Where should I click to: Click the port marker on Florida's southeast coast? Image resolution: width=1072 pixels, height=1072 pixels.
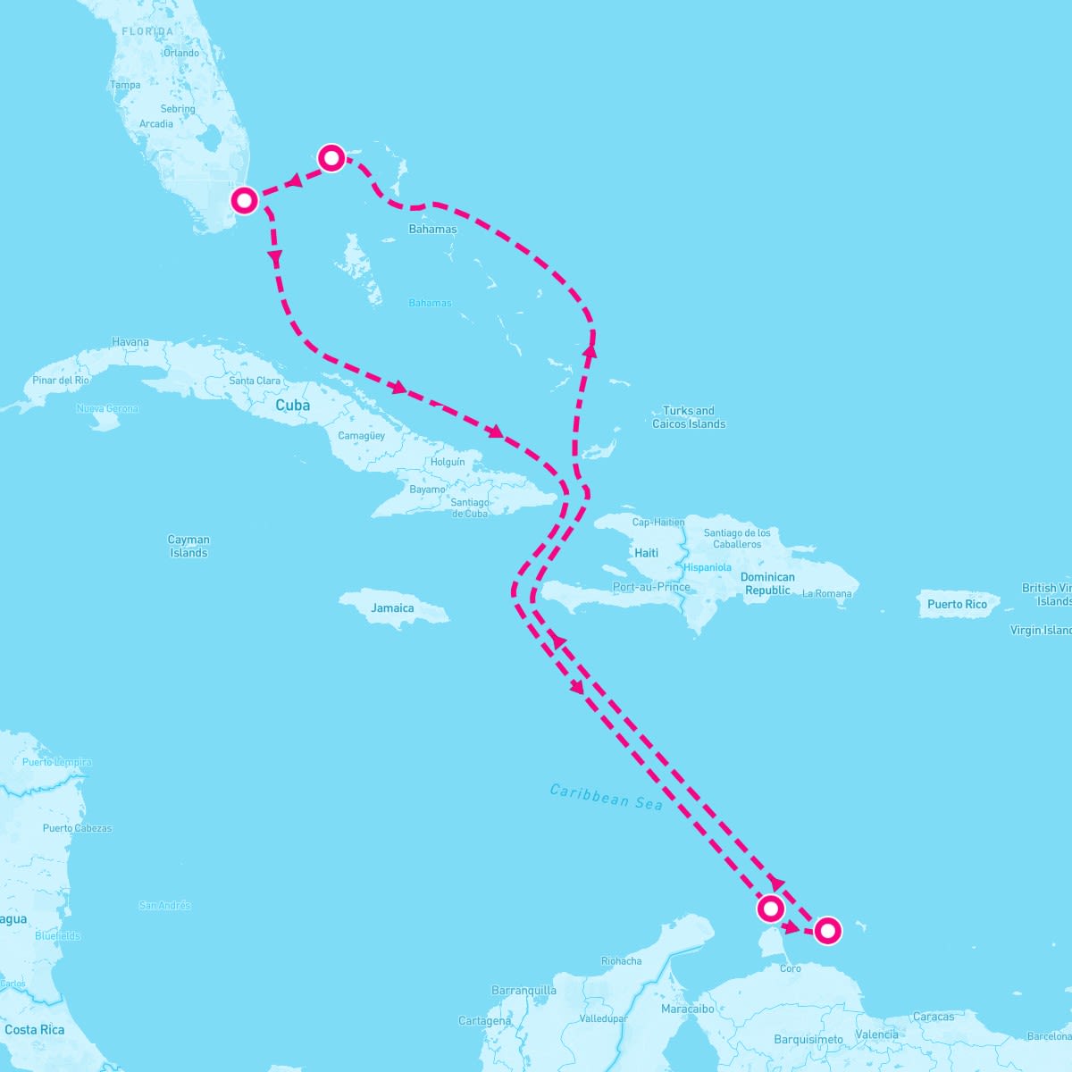244,199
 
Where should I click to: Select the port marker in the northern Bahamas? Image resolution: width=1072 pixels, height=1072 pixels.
331,158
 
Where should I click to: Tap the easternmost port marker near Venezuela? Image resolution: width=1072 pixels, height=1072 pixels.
828,931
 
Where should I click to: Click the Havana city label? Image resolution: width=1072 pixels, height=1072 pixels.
130,342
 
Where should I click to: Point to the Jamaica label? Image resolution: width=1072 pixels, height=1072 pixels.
393,608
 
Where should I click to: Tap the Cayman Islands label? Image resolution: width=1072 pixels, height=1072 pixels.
188,546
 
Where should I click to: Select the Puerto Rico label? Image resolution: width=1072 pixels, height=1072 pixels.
957,605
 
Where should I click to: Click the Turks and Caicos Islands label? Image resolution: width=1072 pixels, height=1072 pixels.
689,417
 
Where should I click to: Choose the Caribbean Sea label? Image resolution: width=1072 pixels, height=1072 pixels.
606,797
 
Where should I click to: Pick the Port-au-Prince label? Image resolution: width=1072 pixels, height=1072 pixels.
651,587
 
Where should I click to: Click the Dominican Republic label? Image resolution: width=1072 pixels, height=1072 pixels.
767,583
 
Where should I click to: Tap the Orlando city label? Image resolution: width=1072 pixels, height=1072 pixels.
181,53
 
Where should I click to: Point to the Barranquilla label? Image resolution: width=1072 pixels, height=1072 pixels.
523,991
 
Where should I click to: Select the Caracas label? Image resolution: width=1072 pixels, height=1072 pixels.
933,1017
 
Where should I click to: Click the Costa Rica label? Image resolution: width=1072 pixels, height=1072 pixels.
34,1030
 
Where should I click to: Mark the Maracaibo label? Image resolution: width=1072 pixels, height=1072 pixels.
687,1009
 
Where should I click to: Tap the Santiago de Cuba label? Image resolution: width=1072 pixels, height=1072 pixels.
470,507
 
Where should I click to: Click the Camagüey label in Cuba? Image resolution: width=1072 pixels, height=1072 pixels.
361,436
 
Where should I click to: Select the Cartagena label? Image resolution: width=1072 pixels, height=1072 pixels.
485,1021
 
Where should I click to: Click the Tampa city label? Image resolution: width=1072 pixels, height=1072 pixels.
125,85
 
